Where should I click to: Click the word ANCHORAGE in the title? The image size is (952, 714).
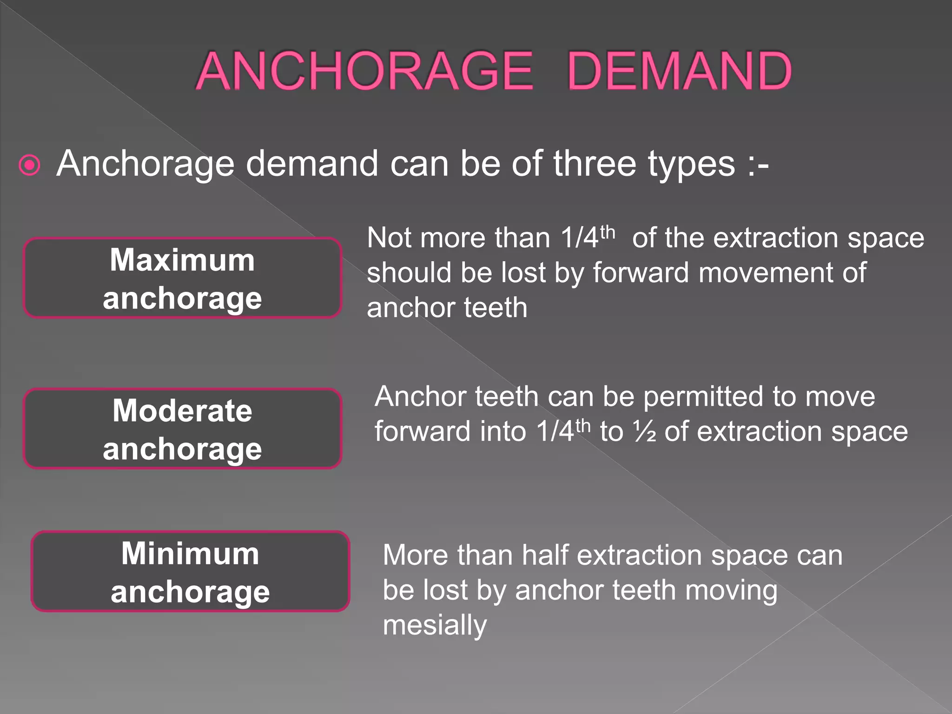point(365,71)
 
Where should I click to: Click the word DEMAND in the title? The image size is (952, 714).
point(679,71)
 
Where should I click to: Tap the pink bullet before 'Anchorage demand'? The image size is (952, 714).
point(30,165)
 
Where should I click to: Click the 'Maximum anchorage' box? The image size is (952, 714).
point(182,278)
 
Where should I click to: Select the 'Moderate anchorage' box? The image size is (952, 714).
point(182,429)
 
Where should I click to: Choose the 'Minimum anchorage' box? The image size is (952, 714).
point(190,571)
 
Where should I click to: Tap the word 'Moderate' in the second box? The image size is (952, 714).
point(182,410)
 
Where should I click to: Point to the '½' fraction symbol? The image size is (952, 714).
point(644,431)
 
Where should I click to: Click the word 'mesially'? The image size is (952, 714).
point(435,626)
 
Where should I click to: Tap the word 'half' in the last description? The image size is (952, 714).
point(545,555)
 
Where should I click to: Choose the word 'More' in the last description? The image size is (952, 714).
point(409,555)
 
